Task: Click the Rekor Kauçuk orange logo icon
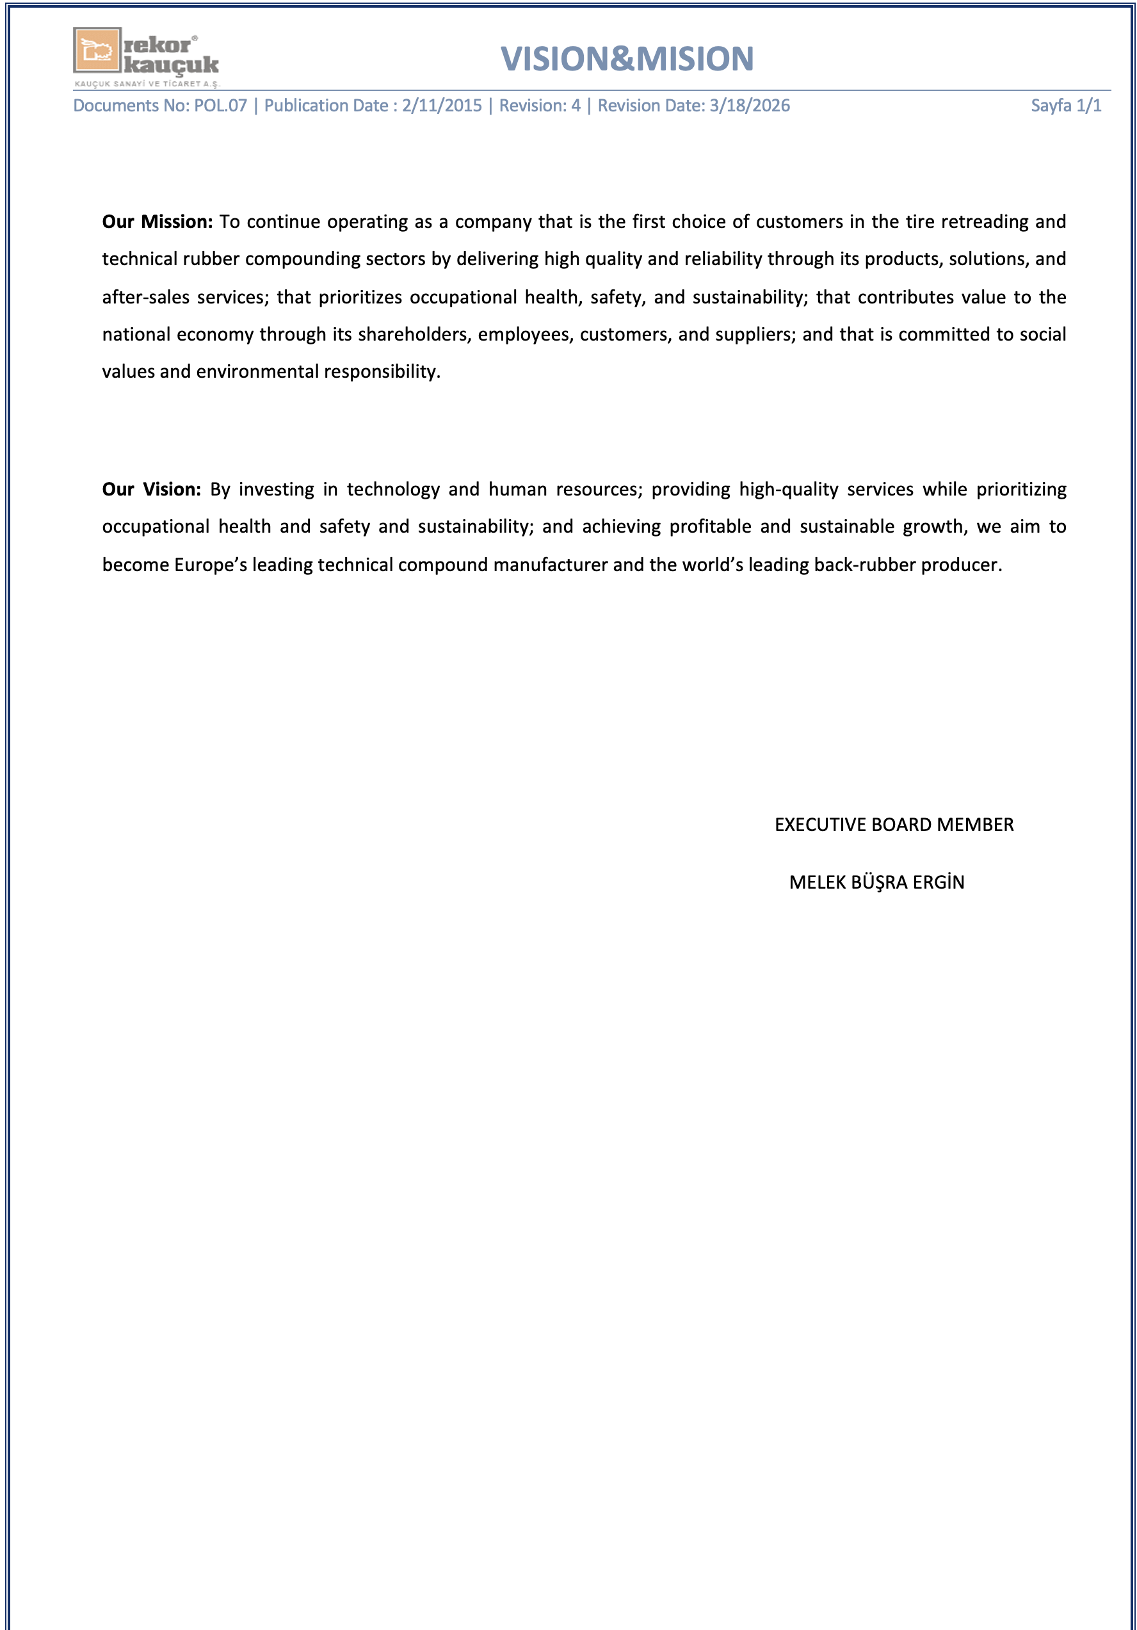click(97, 51)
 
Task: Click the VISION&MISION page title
click(627, 59)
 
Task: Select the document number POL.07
click(220, 106)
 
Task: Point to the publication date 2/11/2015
click(442, 106)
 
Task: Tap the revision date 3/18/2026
click(750, 106)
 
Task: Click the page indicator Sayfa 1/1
click(1065, 106)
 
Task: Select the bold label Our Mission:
click(157, 222)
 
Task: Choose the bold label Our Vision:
click(151, 490)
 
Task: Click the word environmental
click(257, 372)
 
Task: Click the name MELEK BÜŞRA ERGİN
click(876, 882)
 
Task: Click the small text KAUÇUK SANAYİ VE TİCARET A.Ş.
click(147, 84)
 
